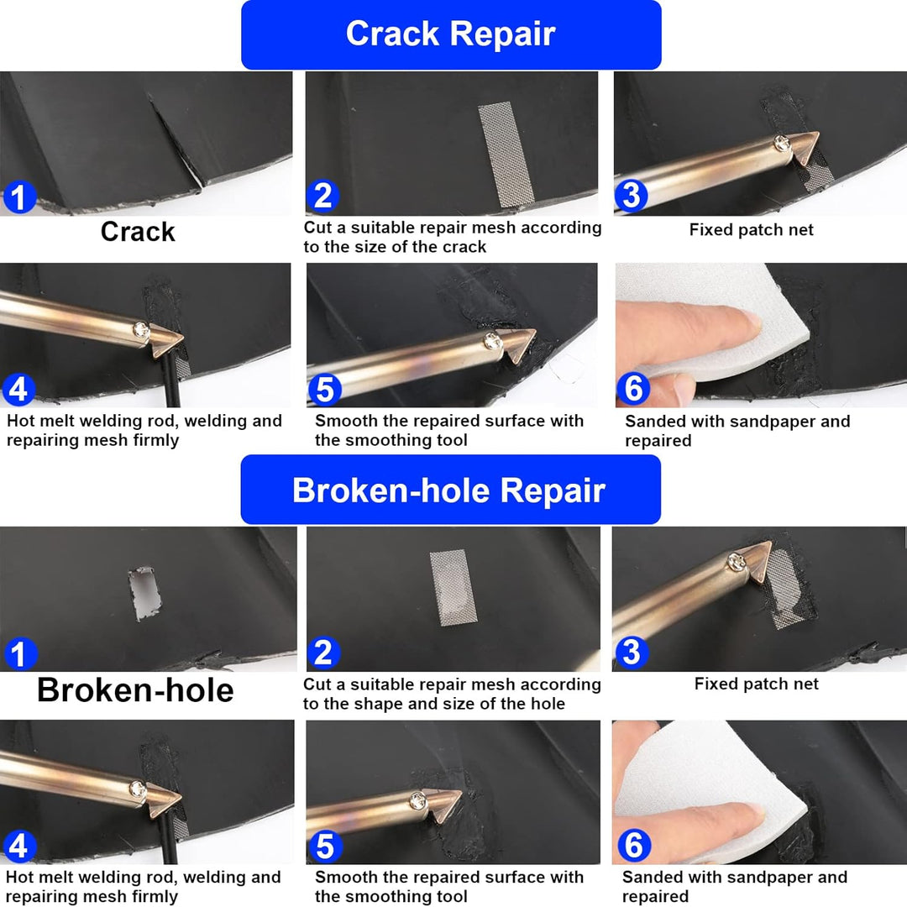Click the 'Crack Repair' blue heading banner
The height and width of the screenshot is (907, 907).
(451, 34)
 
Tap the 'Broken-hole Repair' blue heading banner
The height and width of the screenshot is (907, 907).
(451, 490)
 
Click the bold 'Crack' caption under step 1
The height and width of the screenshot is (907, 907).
(138, 232)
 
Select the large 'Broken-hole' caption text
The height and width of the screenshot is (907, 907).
(135, 690)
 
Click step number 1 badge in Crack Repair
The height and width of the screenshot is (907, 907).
(19, 197)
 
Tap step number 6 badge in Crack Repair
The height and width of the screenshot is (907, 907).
(633, 388)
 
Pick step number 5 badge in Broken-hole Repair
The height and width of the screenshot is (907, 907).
(325, 846)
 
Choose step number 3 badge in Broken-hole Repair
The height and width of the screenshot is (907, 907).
(631, 652)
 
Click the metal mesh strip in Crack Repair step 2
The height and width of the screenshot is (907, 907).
(506, 154)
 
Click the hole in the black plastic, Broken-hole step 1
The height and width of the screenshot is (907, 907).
(144, 594)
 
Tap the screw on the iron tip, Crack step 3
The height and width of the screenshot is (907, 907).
(783, 142)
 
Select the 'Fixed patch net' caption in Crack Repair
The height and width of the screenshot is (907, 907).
(751, 230)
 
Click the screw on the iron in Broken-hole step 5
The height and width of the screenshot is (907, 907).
(417, 800)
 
